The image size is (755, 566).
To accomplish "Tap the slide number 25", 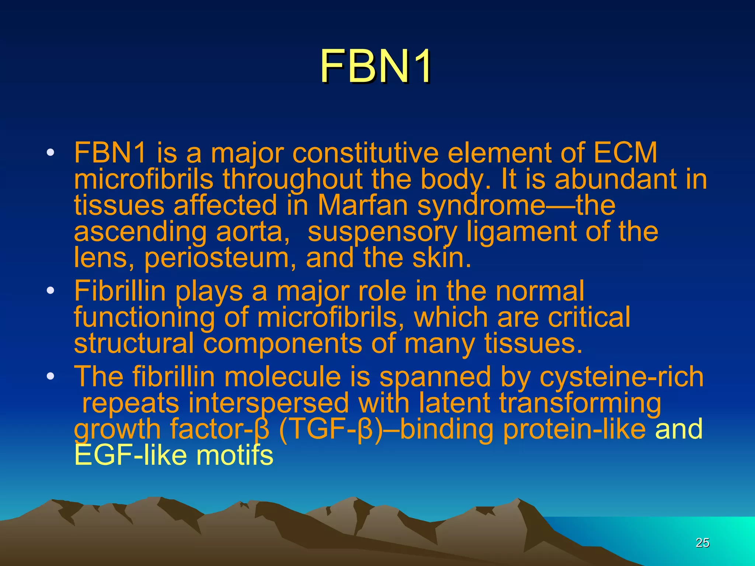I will coord(702,542).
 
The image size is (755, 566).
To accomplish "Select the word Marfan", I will coord(363,205).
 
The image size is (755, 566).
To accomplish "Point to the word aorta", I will coord(249,231).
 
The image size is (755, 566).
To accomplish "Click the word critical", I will coord(589,317).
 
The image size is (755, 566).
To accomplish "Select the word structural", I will coord(133,343).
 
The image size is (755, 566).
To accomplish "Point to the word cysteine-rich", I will coord(622,377).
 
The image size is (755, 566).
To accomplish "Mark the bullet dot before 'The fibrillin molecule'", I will coord(51,377).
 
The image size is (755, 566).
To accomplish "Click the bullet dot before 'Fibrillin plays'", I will coord(51,291).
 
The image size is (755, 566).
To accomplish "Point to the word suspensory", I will coord(382,231).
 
